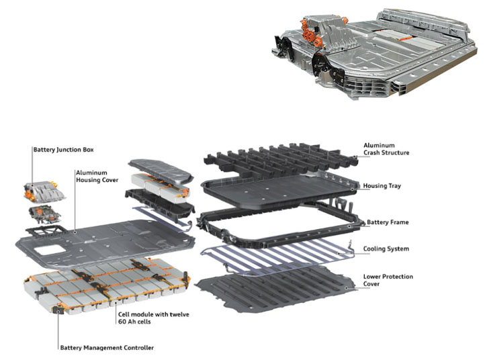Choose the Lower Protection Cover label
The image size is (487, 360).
pyautogui.click(x=388, y=280)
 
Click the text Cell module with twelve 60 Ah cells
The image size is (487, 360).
pyautogui.click(x=154, y=318)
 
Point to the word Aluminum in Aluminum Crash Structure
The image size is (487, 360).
pyautogui.click(x=378, y=144)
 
